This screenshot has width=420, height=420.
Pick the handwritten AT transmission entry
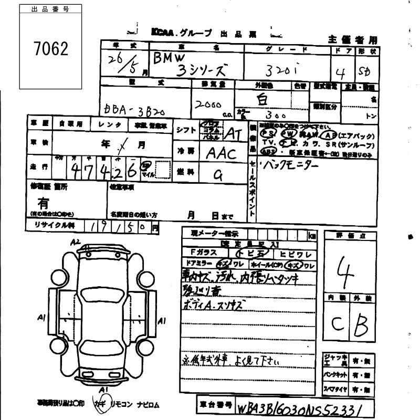tap(232, 133)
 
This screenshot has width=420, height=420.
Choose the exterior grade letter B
tap(362, 325)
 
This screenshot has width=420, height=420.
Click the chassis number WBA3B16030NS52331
tap(300, 408)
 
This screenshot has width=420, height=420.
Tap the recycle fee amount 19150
tap(122, 227)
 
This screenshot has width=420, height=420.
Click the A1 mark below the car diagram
tap(104, 389)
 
